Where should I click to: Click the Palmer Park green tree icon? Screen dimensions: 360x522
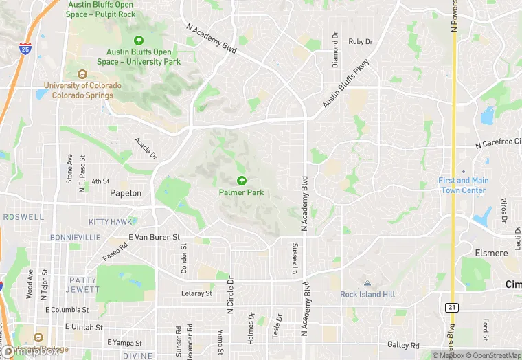pos(242,181)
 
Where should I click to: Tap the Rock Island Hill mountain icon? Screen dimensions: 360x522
pos(367,283)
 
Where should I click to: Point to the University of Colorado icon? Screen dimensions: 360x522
pos(82,74)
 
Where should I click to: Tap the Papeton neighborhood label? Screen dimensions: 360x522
pos(126,194)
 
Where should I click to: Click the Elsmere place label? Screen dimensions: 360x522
pos(491,254)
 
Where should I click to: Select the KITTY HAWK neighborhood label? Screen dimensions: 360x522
pos(110,222)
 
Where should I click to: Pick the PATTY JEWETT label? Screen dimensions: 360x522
pos(82,285)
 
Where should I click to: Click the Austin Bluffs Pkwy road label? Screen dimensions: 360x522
pos(346,84)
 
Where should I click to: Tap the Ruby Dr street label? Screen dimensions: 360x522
pos(360,42)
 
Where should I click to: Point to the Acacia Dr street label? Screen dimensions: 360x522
pos(146,148)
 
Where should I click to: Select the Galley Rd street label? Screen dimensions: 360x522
pos(403,345)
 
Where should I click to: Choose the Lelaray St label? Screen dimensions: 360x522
pos(196,293)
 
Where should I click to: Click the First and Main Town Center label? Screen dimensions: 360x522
pos(464,185)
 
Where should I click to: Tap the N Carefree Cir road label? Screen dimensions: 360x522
pos(497,146)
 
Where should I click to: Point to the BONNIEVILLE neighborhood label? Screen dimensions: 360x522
pos(75,237)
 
